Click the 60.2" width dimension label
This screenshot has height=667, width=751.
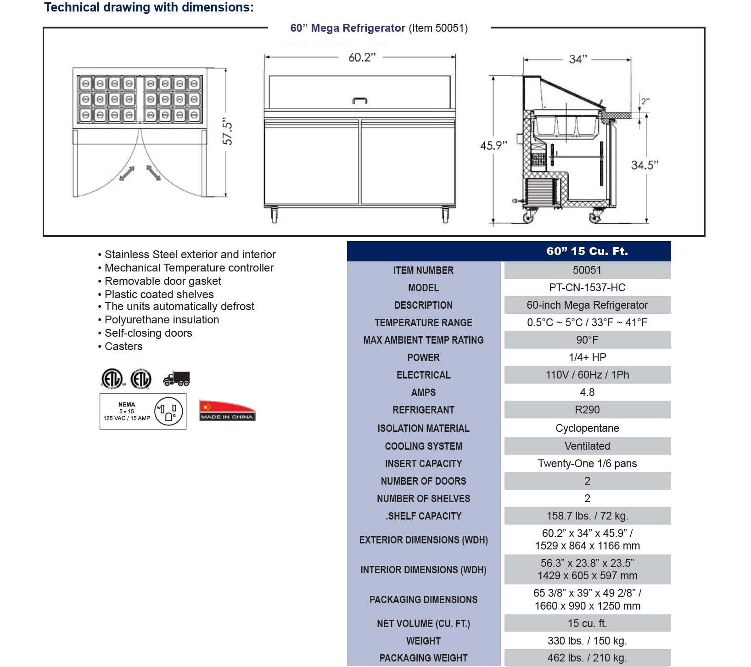coord(362,57)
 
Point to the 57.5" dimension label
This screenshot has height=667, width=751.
coord(227,133)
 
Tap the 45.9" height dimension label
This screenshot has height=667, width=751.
coord(493,146)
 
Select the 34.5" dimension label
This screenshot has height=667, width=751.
coord(645,165)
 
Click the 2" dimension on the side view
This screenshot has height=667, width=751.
coord(645,101)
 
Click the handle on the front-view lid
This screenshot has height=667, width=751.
coord(360,100)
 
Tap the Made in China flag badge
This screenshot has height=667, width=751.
coord(227,410)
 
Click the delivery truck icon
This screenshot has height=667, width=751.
coord(177,379)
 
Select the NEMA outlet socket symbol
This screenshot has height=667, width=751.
coord(168,411)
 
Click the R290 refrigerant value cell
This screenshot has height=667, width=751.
coord(587,410)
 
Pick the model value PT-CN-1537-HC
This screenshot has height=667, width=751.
coord(587,288)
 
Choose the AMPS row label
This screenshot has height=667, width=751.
coord(423,392)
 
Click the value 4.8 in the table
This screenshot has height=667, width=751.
coord(587,392)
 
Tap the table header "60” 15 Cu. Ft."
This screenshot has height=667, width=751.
coord(587,251)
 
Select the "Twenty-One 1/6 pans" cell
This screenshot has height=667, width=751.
coord(587,464)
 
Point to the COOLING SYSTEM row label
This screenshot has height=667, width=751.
coord(423,446)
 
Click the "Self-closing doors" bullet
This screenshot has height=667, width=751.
coord(148,333)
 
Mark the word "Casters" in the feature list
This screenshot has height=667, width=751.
coord(123,346)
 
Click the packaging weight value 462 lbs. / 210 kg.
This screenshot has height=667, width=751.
coord(587,658)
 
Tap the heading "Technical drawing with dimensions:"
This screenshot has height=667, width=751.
coord(149,7)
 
